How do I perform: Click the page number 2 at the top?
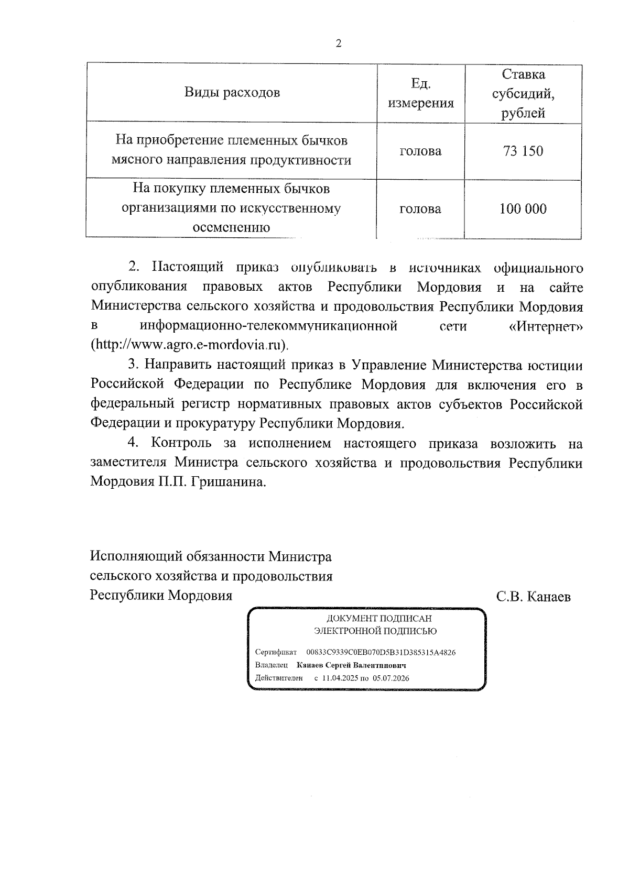tap(338, 44)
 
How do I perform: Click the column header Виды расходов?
tap(232, 93)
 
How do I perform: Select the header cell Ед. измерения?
tap(420, 93)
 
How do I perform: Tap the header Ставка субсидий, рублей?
tap(523, 93)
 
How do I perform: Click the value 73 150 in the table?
tap(523, 151)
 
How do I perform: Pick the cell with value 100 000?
tap(523, 209)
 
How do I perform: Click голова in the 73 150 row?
tap(420, 151)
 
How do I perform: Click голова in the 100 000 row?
tap(420, 209)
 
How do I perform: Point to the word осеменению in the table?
tap(232, 227)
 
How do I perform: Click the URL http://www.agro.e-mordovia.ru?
tap(190, 345)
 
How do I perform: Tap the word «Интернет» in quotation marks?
tap(546, 326)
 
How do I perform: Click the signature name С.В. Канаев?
tap(534, 596)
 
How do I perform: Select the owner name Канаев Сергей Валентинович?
tap(351, 665)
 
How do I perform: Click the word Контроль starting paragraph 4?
tap(181, 443)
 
